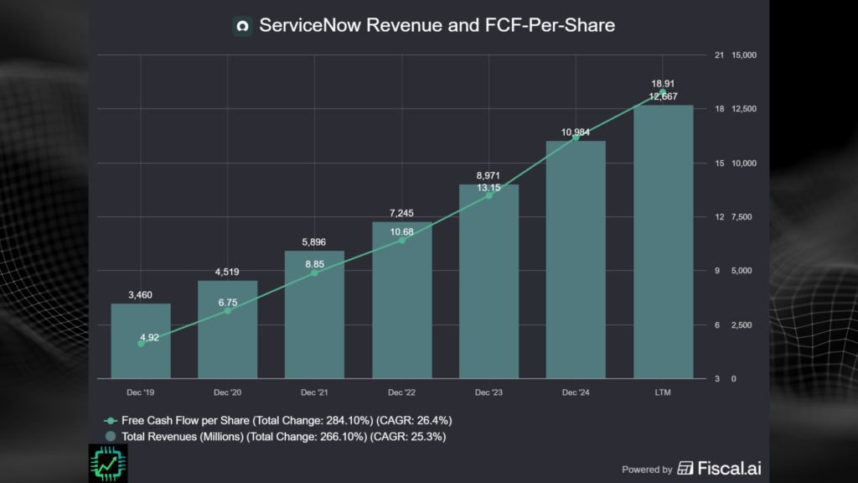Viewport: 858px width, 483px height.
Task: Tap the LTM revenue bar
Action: coord(663,243)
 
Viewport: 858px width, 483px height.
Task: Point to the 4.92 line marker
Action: coord(141,343)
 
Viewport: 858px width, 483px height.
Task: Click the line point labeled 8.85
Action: coord(314,273)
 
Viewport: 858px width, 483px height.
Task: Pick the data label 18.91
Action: coord(663,84)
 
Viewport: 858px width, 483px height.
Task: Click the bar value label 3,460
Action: coord(141,295)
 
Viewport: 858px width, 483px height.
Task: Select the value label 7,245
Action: coord(402,213)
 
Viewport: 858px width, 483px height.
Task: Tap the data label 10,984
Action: coord(576,132)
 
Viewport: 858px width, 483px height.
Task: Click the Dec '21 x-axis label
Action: coord(314,392)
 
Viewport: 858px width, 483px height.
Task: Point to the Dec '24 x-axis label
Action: coord(576,392)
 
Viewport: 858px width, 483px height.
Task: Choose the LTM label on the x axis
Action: coord(663,392)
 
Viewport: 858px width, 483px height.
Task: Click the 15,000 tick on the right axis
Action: coord(744,55)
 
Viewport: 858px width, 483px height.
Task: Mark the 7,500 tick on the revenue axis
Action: coord(744,217)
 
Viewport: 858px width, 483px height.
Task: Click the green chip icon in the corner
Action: coord(107,463)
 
